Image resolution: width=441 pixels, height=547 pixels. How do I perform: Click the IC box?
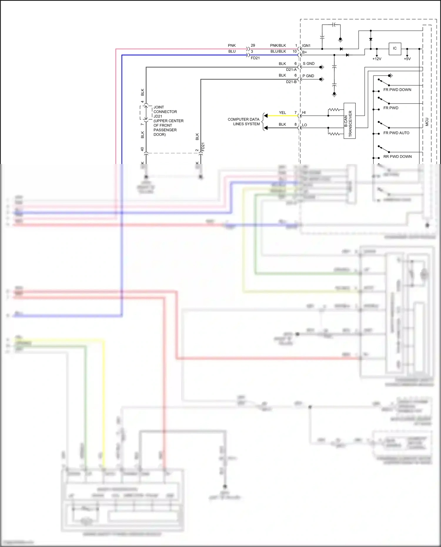coord(395,48)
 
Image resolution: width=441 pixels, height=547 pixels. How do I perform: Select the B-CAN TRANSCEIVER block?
coord(349,121)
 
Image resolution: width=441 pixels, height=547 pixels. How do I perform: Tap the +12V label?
coord(377,59)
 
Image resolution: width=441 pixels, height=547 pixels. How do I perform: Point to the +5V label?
coord(407,59)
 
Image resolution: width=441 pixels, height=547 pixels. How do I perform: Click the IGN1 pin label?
coord(306,46)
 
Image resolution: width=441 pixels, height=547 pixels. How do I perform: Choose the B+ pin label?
coord(304,52)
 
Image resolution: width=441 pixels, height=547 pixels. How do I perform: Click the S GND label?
coord(308,63)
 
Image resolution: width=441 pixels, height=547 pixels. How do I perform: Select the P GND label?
coord(308,76)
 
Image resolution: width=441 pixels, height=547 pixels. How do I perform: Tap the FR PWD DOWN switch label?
coord(397,90)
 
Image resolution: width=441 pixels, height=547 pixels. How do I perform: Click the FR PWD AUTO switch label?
coord(396,133)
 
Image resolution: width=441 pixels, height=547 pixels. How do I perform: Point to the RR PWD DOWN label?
coord(397,157)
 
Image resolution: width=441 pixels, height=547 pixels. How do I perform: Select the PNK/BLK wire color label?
coord(278,46)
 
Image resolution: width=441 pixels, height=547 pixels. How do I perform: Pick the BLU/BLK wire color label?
coord(278,51)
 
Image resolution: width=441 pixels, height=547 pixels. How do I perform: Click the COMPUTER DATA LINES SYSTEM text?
coord(244,122)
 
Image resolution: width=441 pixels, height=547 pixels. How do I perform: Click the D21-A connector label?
coord(291,70)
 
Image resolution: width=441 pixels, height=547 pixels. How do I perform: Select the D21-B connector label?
coord(291,82)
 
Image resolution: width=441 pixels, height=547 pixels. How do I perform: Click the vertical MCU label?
coord(427,122)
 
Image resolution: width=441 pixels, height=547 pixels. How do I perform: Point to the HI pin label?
coord(304,113)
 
